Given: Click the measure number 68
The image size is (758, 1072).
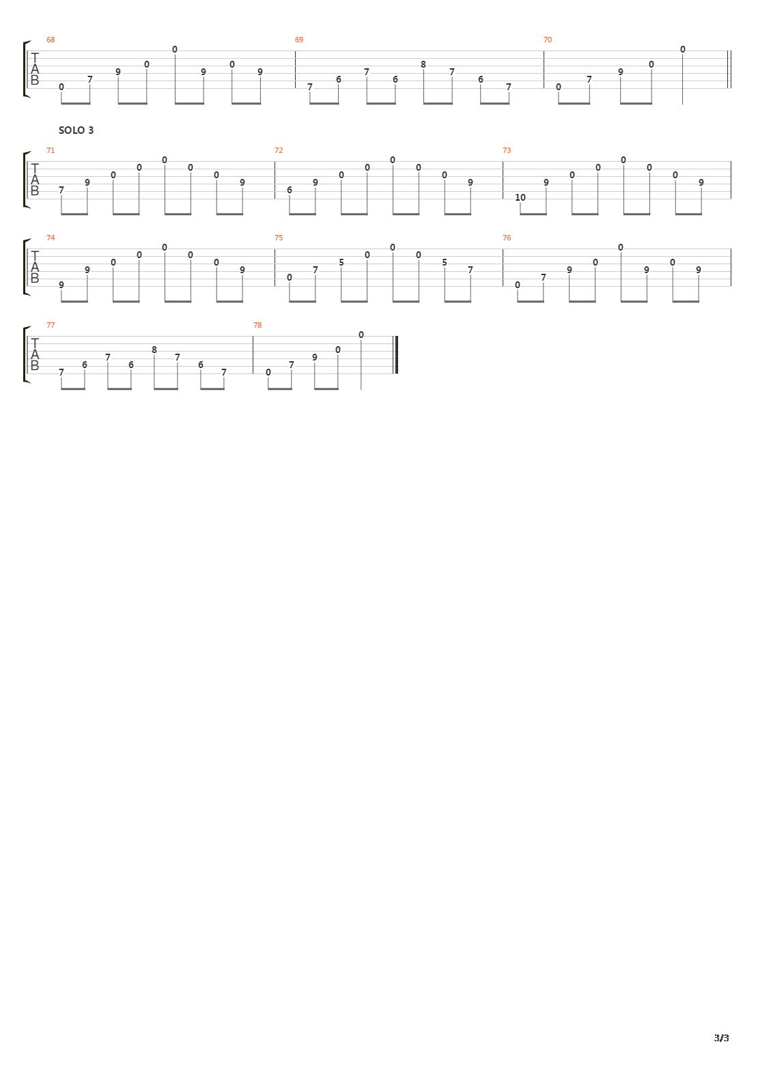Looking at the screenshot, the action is (x=51, y=40).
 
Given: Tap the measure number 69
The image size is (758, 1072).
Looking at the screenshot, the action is (x=299, y=40).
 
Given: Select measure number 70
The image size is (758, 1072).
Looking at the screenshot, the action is (x=548, y=40).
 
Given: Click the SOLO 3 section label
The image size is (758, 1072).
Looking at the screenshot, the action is (x=76, y=130).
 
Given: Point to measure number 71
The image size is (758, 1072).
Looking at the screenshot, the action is (x=51, y=150).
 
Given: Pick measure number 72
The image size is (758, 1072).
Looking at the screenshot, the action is (x=279, y=150).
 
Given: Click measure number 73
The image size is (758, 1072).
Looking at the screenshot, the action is (x=507, y=150).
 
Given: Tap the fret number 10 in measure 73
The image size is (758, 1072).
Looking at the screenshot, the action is (x=520, y=197).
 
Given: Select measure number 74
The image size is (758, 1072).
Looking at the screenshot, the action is (x=51, y=238).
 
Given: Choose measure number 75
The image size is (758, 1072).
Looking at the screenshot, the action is (x=279, y=238).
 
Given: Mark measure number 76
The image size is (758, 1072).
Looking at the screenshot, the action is (x=507, y=238).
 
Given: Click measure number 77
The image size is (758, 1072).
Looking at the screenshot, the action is (x=51, y=326).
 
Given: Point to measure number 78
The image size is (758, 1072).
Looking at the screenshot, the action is (x=257, y=326).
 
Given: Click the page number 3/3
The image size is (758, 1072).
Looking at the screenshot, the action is (x=721, y=1038).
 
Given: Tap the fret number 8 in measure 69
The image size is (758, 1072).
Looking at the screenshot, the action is (x=423, y=64).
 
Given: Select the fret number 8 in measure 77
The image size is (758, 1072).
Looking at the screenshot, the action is (x=154, y=350).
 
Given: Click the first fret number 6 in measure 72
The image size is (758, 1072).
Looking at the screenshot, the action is (x=290, y=190).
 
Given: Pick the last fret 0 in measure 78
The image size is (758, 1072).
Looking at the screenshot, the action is (x=361, y=335).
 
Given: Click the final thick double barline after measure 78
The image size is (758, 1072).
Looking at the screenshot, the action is (x=395, y=355).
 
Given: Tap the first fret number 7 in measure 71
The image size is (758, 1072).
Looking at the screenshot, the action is (x=61, y=190).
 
